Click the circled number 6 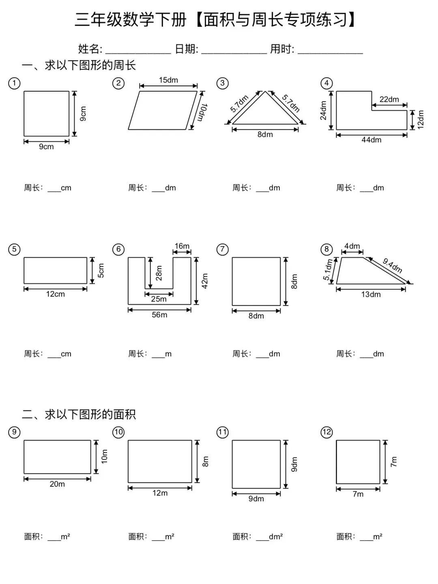coord(118,249)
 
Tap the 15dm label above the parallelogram coord(168,80)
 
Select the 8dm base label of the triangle coord(265,135)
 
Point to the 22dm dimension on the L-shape coord(389,99)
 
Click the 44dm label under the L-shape coord(371,140)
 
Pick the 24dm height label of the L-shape coord(323,110)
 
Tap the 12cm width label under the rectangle coord(55,294)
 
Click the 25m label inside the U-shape coord(159,299)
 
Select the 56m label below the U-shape coord(159,315)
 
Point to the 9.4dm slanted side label coord(392,266)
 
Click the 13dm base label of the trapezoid coord(371,295)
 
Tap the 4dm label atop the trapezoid coord(352,246)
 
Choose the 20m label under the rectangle coord(57,484)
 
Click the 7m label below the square coord(358,494)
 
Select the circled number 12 coord(326,432)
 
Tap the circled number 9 coord(14,432)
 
